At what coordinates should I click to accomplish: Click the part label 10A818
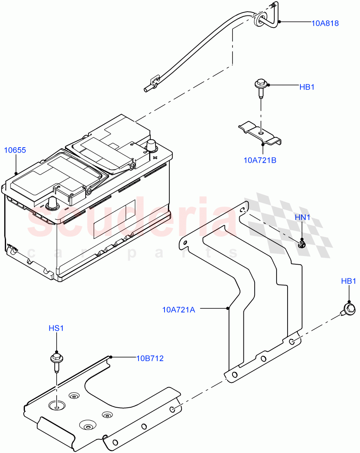(x=325, y=23)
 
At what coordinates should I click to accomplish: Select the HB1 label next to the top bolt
(x=307, y=87)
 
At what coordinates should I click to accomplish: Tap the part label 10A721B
(x=260, y=160)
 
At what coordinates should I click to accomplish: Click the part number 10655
(x=15, y=150)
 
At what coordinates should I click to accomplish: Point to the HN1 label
(x=302, y=217)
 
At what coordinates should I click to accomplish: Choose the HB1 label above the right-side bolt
(x=348, y=281)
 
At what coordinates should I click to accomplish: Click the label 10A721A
(x=178, y=310)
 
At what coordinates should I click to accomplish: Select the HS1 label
(x=56, y=328)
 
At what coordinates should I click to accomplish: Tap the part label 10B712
(x=150, y=358)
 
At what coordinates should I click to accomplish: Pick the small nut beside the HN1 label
(x=302, y=244)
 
